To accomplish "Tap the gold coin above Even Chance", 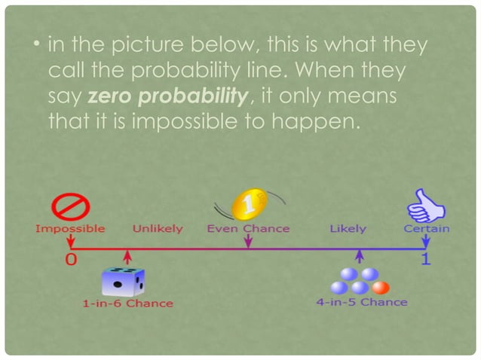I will click(247, 203).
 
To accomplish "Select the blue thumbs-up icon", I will click(424, 205).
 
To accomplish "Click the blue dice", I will click(123, 282).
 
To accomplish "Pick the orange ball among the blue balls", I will click(381, 287).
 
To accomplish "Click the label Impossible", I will click(70, 228).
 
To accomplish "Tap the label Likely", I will click(348, 228).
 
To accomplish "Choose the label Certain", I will click(427, 228).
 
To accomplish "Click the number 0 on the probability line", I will click(70, 259).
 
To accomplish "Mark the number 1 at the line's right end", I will click(426, 259).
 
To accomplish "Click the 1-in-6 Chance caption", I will click(127, 304).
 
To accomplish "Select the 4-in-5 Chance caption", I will click(361, 302).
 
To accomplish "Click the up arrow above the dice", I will click(129, 256).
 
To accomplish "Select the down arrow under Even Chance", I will click(247, 240).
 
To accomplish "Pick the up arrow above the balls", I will click(360, 257).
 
